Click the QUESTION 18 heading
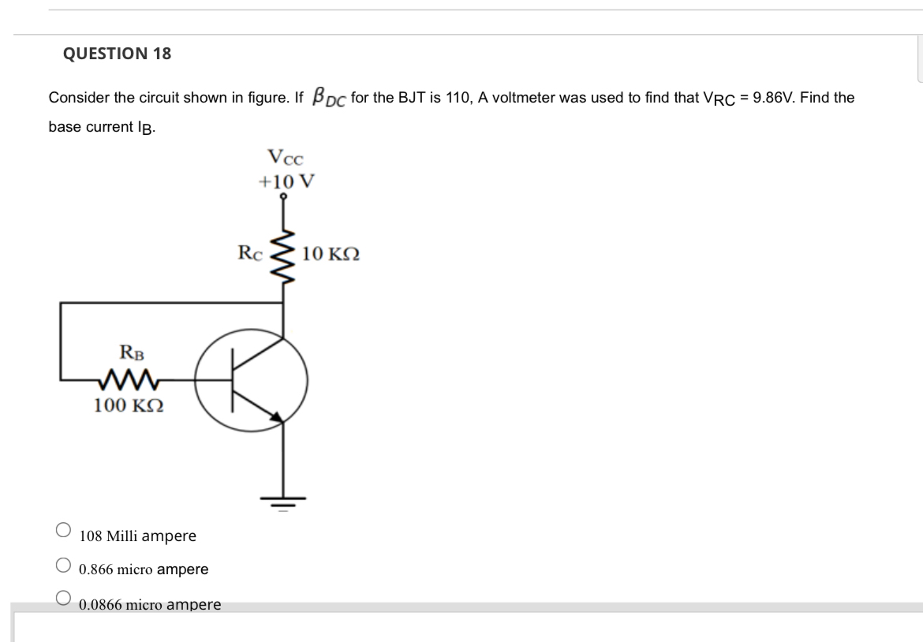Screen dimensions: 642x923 (116, 54)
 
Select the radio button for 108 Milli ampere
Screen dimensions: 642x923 (64, 531)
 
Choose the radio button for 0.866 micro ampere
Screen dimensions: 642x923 (64, 565)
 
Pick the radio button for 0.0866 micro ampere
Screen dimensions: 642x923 (64, 598)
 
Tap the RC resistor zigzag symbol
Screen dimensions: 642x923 (283, 255)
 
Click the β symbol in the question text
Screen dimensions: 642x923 (319, 96)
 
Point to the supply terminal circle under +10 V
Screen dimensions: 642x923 (283, 200)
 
